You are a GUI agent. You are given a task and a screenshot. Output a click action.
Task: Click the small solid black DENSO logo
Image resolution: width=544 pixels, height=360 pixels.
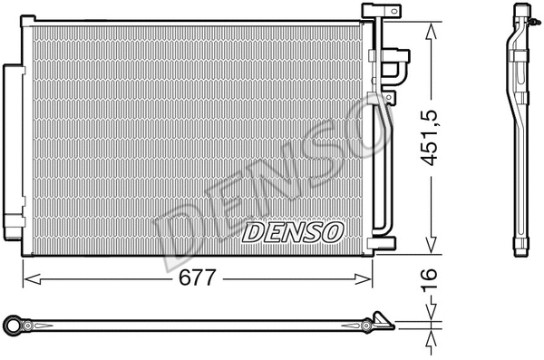(x=292, y=233)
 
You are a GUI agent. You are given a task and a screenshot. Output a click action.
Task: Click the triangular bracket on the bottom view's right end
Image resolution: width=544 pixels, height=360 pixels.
(x=383, y=321)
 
